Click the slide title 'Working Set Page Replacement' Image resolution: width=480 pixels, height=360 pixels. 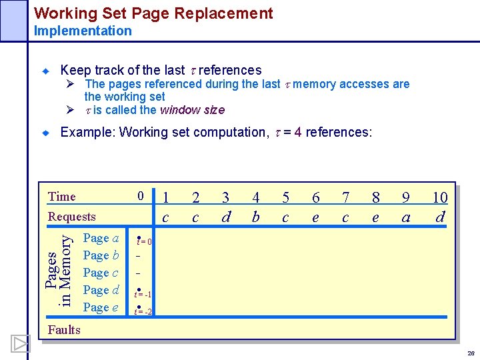click(x=153, y=13)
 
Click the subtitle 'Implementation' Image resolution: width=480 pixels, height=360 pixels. click(x=83, y=31)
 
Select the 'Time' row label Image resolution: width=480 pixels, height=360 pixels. click(x=62, y=196)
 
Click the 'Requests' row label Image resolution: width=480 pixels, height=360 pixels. click(x=72, y=216)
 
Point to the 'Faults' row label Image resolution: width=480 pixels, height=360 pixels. click(x=64, y=329)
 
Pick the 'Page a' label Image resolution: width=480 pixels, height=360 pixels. click(x=101, y=238)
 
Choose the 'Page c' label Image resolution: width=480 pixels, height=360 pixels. click(x=101, y=273)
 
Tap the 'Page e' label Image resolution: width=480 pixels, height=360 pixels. click(x=101, y=307)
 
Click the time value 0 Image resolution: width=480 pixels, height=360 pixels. click(x=141, y=196)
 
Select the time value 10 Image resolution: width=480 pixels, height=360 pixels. click(x=440, y=197)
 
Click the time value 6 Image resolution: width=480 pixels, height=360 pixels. click(x=316, y=197)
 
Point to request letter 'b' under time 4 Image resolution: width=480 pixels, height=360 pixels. click(x=255, y=217)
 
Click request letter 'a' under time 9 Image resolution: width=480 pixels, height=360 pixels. click(x=406, y=217)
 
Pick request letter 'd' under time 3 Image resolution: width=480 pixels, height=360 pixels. click(x=226, y=217)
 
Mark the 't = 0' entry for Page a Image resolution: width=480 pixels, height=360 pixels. click(x=144, y=241)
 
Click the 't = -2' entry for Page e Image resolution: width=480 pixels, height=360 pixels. click(x=143, y=311)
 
